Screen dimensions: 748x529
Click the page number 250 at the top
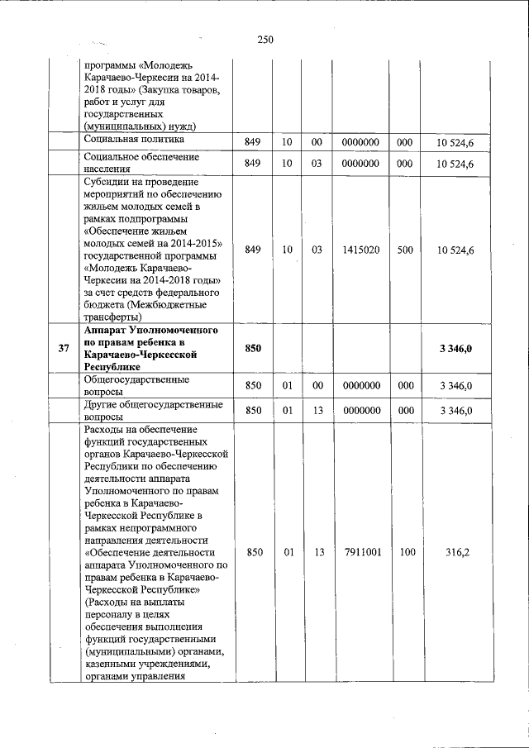tap(264, 40)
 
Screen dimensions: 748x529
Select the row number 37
tap(64, 349)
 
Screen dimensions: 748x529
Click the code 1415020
tap(360, 250)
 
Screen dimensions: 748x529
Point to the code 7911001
tap(360, 551)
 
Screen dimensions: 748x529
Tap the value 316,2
tap(457, 551)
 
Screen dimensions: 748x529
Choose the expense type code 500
tap(404, 250)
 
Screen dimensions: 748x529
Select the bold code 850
tap(253, 349)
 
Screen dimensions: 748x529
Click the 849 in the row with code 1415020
tap(253, 250)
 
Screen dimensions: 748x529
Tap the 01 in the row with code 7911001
tap(288, 551)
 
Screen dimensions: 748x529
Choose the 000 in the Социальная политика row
tap(404, 143)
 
